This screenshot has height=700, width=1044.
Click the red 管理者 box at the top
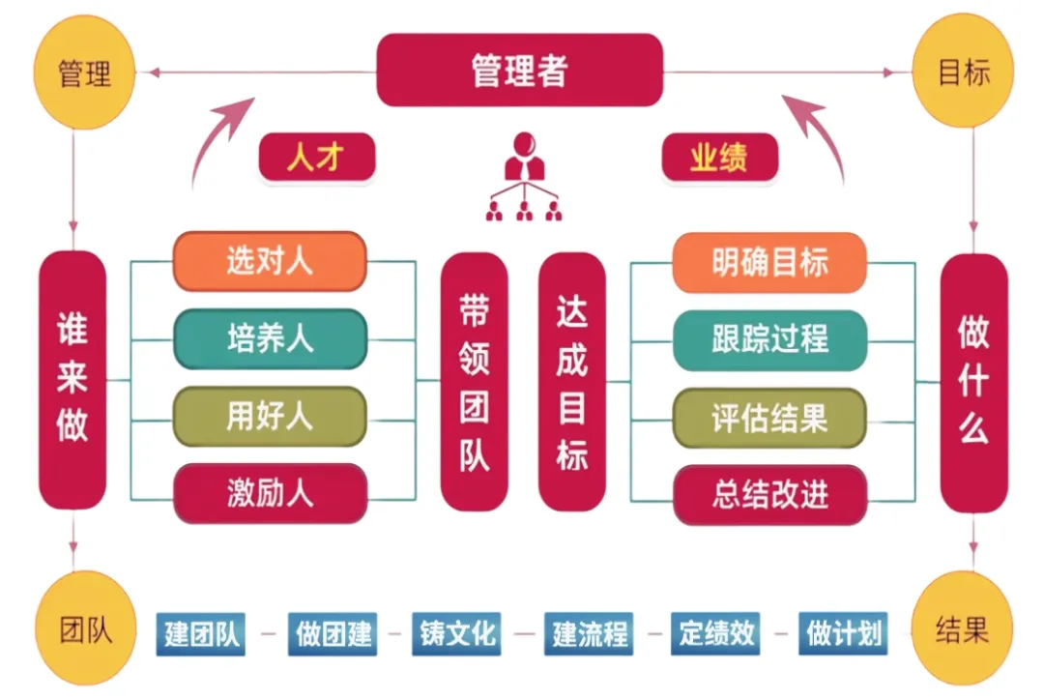pos(519,71)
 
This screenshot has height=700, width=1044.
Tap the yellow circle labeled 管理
pos(84,73)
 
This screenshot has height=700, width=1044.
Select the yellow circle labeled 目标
pos(963,73)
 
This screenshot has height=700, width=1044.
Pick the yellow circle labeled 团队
pos(84,631)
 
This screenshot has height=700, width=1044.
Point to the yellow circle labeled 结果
pos(963,631)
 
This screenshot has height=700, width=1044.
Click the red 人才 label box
pos(316,158)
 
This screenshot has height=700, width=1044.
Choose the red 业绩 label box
pos(719,158)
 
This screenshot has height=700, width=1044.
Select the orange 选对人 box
pos(270,261)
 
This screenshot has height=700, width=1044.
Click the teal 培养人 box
pos(270,338)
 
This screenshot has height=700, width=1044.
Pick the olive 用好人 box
pos(270,417)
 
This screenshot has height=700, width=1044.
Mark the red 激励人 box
pos(270,494)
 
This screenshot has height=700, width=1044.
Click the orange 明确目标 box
pos(769,262)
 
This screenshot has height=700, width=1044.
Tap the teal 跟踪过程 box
pos(769,339)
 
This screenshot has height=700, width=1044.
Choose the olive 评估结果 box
pos(769,418)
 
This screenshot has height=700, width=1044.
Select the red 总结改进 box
pos(769,495)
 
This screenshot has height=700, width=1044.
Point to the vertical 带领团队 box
pos(474,382)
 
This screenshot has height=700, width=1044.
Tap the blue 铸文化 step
pos(457,634)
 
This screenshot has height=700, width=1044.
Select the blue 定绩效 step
pos(716,634)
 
